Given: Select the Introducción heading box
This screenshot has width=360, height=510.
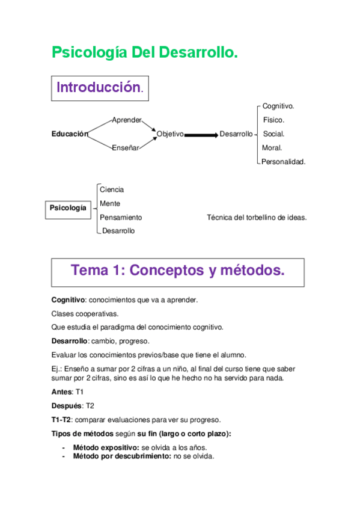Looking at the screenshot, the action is [100, 88].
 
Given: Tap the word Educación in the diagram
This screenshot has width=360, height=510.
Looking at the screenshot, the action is [70, 134].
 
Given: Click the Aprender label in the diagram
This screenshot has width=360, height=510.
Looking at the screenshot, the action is [126, 120].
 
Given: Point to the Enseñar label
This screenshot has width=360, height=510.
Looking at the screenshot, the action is [125, 148].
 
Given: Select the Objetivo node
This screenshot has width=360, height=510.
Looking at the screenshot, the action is [170, 134].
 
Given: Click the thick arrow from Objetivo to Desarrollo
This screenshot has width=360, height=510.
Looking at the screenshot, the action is [201, 135].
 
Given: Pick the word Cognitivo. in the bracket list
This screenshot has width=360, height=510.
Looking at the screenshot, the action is [278, 106].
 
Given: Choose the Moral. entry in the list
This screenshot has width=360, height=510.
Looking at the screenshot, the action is [272, 148].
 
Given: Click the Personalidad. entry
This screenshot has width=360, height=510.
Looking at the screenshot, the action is [284, 162].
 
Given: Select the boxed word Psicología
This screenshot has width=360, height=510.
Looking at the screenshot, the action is [68, 209].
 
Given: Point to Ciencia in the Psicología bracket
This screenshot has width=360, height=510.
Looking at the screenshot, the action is [112, 189].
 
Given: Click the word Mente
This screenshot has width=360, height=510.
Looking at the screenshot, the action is [110, 203].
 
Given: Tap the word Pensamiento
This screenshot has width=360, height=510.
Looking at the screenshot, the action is [121, 217].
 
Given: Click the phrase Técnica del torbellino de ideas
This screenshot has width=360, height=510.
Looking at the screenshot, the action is [257, 217].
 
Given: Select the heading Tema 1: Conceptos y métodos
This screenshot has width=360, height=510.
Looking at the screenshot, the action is [178, 271].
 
